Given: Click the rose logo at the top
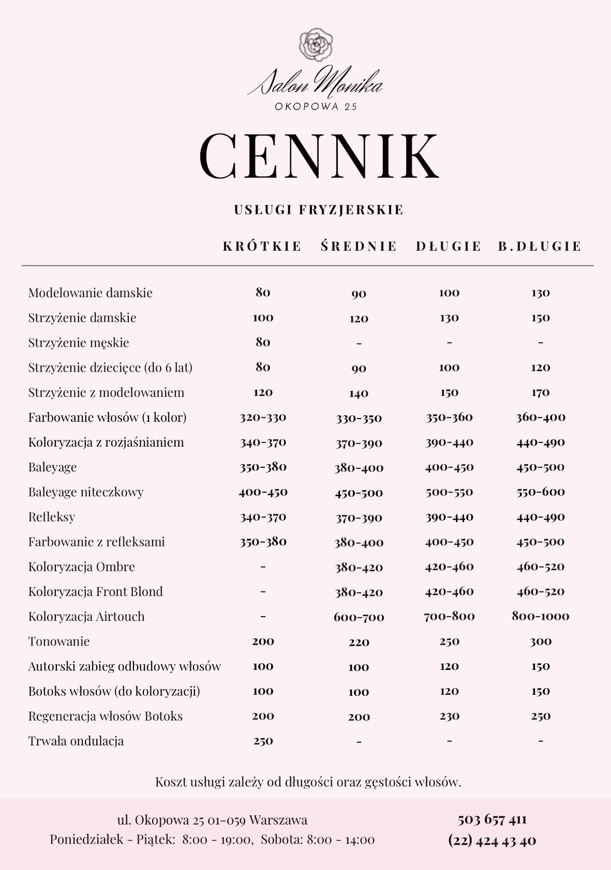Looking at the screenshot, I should point(316,45).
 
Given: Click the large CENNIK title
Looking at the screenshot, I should point(319,156).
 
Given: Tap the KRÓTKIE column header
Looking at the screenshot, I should point(262,246).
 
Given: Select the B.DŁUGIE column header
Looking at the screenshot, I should point(540,246).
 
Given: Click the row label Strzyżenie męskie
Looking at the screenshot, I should point(79,343).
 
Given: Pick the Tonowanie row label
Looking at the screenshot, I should point(59,642).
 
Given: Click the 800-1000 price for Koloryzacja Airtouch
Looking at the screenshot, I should point(540,616).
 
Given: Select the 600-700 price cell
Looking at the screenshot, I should point(359,617).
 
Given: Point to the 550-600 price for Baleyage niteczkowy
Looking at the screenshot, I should point(540,492).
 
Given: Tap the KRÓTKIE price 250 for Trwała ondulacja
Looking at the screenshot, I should point(263,741).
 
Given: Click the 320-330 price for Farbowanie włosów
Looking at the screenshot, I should point(263,418).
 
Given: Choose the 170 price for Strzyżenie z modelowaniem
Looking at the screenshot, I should point(540,393).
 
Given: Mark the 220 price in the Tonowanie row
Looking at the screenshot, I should point(359,643).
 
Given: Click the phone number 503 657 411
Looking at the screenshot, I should point(492,820).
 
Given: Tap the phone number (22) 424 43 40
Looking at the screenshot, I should point(492,841).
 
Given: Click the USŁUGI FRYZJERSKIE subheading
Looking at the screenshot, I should point(319,210).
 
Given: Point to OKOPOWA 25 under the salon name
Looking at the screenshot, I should point(316,106).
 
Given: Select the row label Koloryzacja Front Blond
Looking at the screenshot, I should point(96,592).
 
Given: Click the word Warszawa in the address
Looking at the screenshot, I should point(278,820).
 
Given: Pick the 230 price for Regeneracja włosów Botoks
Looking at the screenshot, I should point(449,716).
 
